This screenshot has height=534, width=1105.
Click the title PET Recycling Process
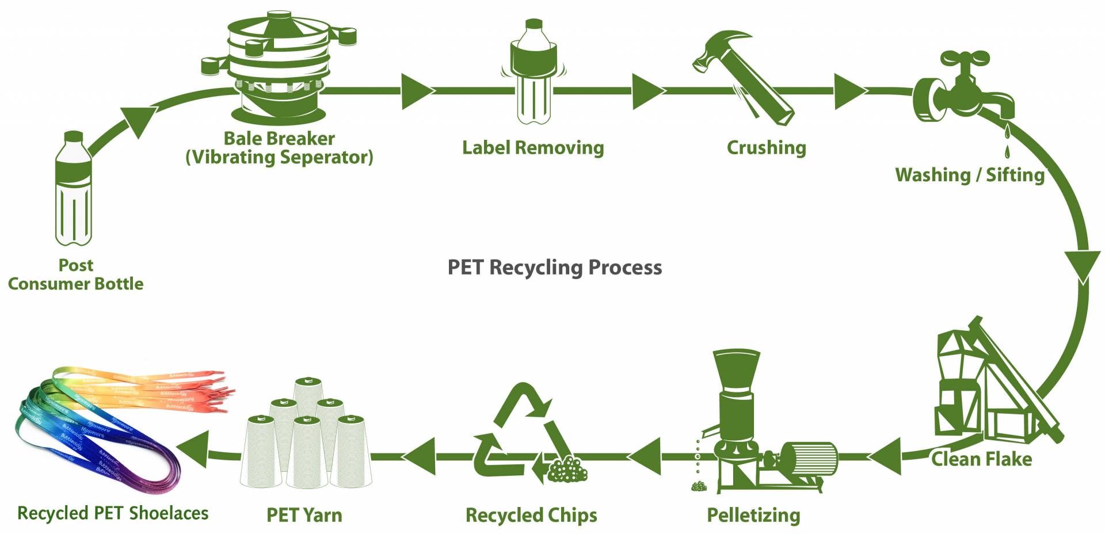click(555, 268)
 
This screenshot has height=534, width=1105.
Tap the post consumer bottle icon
click(73, 188)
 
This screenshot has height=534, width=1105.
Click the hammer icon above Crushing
click(744, 77)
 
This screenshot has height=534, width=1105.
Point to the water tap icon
click(963, 86)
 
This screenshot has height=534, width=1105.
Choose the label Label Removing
click(533, 148)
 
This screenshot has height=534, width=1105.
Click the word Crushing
click(766, 148)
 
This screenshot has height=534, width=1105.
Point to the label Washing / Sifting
click(970, 175)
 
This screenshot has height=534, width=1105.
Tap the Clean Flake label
click(981, 459)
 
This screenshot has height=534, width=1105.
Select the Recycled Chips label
click(531, 516)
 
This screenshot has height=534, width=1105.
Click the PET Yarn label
click(304, 515)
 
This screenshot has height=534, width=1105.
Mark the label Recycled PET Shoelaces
click(113, 513)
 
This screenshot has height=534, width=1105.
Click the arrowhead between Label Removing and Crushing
click(647, 91)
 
